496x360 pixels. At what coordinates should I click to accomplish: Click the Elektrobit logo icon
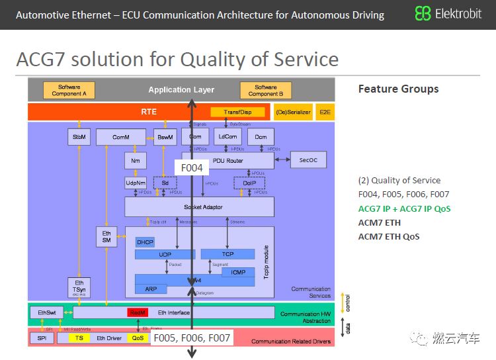pyautogui.click(x=423, y=14)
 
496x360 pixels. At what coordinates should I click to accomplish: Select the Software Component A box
pyautogui.click(x=69, y=91)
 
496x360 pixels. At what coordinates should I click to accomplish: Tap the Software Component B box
pyautogui.click(x=265, y=91)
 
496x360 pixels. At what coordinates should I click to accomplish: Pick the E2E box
pyautogui.click(x=325, y=112)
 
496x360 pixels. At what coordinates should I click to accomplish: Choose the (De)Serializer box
pyautogui.click(x=292, y=112)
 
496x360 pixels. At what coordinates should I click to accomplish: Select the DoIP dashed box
pyautogui.click(x=249, y=183)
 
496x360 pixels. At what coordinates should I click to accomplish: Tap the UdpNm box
pyautogui.click(x=135, y=183)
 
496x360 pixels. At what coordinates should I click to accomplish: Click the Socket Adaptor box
pyautogui.click(x=199, y=207)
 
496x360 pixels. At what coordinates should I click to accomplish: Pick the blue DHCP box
pyautogui.click(x=145, y=242)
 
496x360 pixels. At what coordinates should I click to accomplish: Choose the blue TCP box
pyautogui.click(x=227, y=254)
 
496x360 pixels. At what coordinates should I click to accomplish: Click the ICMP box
pyautogui.click(x=237, y=272)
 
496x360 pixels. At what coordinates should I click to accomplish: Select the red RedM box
pyautogui.click(x=138, y=312)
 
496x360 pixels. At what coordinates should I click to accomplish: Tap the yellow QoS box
pyautogui.click(x=138, y=338)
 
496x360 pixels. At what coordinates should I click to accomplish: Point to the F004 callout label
pyautogui.click(x=192, y=168)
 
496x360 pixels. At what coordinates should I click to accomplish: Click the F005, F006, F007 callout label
pyautogui.click(x=191, y=338)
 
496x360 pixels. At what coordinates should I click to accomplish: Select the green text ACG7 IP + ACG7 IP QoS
pyautogui.click(x=404, y=208)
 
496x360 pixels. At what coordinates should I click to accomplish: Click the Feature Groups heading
pyautogui.click(x=398, y=89)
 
